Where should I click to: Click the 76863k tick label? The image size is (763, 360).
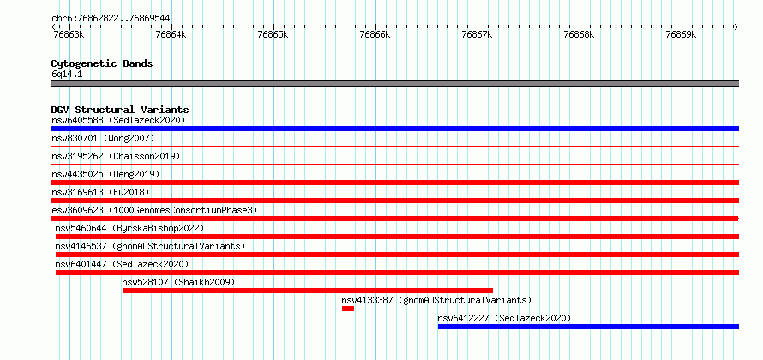tap(68, 34)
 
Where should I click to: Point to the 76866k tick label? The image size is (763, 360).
tap(374, 34)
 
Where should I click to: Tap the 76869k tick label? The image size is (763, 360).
tap(681, 34)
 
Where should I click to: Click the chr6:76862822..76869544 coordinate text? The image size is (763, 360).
tap(111, 19)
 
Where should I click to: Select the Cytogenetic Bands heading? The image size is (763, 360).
tap(102, 63)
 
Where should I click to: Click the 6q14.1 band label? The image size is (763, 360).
tap(67, 74)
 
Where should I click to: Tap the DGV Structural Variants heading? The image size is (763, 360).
tap(120, 110)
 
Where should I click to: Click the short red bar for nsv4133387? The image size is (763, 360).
tap(348, 309)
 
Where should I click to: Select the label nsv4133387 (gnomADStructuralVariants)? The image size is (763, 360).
tap(436, 300)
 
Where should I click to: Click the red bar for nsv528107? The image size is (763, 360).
tap(308, 291)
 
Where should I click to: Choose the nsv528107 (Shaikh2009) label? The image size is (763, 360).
tap(178, 282)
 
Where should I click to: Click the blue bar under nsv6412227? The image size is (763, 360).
tap(588, 327)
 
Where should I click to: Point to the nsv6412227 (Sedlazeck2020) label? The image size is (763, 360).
tap(504, 318)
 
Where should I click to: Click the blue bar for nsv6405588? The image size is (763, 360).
tap(395, 129)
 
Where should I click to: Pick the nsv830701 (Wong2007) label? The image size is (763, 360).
tap(103, 138)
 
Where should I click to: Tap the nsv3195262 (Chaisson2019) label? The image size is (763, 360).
tap(116, 156)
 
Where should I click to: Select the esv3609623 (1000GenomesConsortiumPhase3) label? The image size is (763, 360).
tap(154, 210)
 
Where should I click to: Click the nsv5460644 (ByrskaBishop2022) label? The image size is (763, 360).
tap(129, 228)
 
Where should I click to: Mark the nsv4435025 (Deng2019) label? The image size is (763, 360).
tap(105, 174)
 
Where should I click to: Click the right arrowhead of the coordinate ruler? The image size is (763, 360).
tap(736, 27)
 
